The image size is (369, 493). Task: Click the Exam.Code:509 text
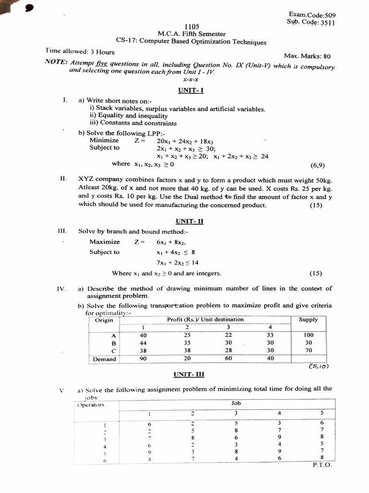pos(312,15)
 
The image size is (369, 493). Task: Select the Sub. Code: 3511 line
pos(311,22)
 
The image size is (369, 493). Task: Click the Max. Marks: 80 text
pos(307,56)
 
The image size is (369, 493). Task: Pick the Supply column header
pos(308,320)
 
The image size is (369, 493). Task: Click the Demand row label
pos(104,359)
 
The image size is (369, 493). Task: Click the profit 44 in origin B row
pos(143,343)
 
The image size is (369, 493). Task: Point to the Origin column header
pos(104,320)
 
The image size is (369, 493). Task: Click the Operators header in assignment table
pos(91,405)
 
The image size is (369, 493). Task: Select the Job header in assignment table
pos(236,403)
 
